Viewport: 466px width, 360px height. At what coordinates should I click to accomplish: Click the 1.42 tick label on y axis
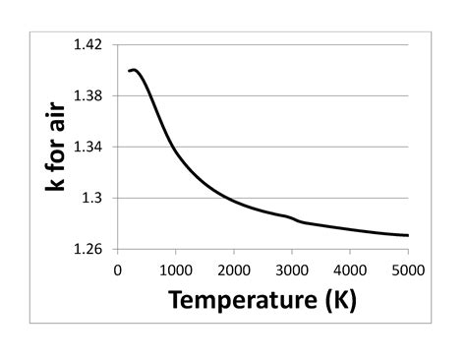click(89, 45)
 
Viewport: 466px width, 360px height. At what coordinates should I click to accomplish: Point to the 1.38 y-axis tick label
click(89, 96)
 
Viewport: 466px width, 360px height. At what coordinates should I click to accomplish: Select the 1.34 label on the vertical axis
click(89, 148)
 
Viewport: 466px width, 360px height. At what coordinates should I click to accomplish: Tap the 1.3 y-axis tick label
click(95, 199)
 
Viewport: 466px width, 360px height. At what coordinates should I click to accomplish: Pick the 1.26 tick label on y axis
click(89, 250)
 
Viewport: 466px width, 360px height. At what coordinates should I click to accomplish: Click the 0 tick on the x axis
click(118, 269)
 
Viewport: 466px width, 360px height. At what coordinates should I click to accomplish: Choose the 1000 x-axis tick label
click(176, 269)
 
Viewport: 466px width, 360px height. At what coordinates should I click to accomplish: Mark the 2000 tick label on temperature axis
click(234, 269)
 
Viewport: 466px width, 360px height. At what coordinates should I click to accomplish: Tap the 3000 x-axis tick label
click(292, 269)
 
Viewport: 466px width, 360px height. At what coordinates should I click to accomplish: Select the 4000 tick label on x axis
click(350, 269)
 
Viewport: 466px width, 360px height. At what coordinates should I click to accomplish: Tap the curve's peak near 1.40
click(134, 70)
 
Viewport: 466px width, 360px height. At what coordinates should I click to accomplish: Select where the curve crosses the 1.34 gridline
click(172, 148)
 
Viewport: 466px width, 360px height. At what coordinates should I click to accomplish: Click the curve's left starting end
click(129, 71)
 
